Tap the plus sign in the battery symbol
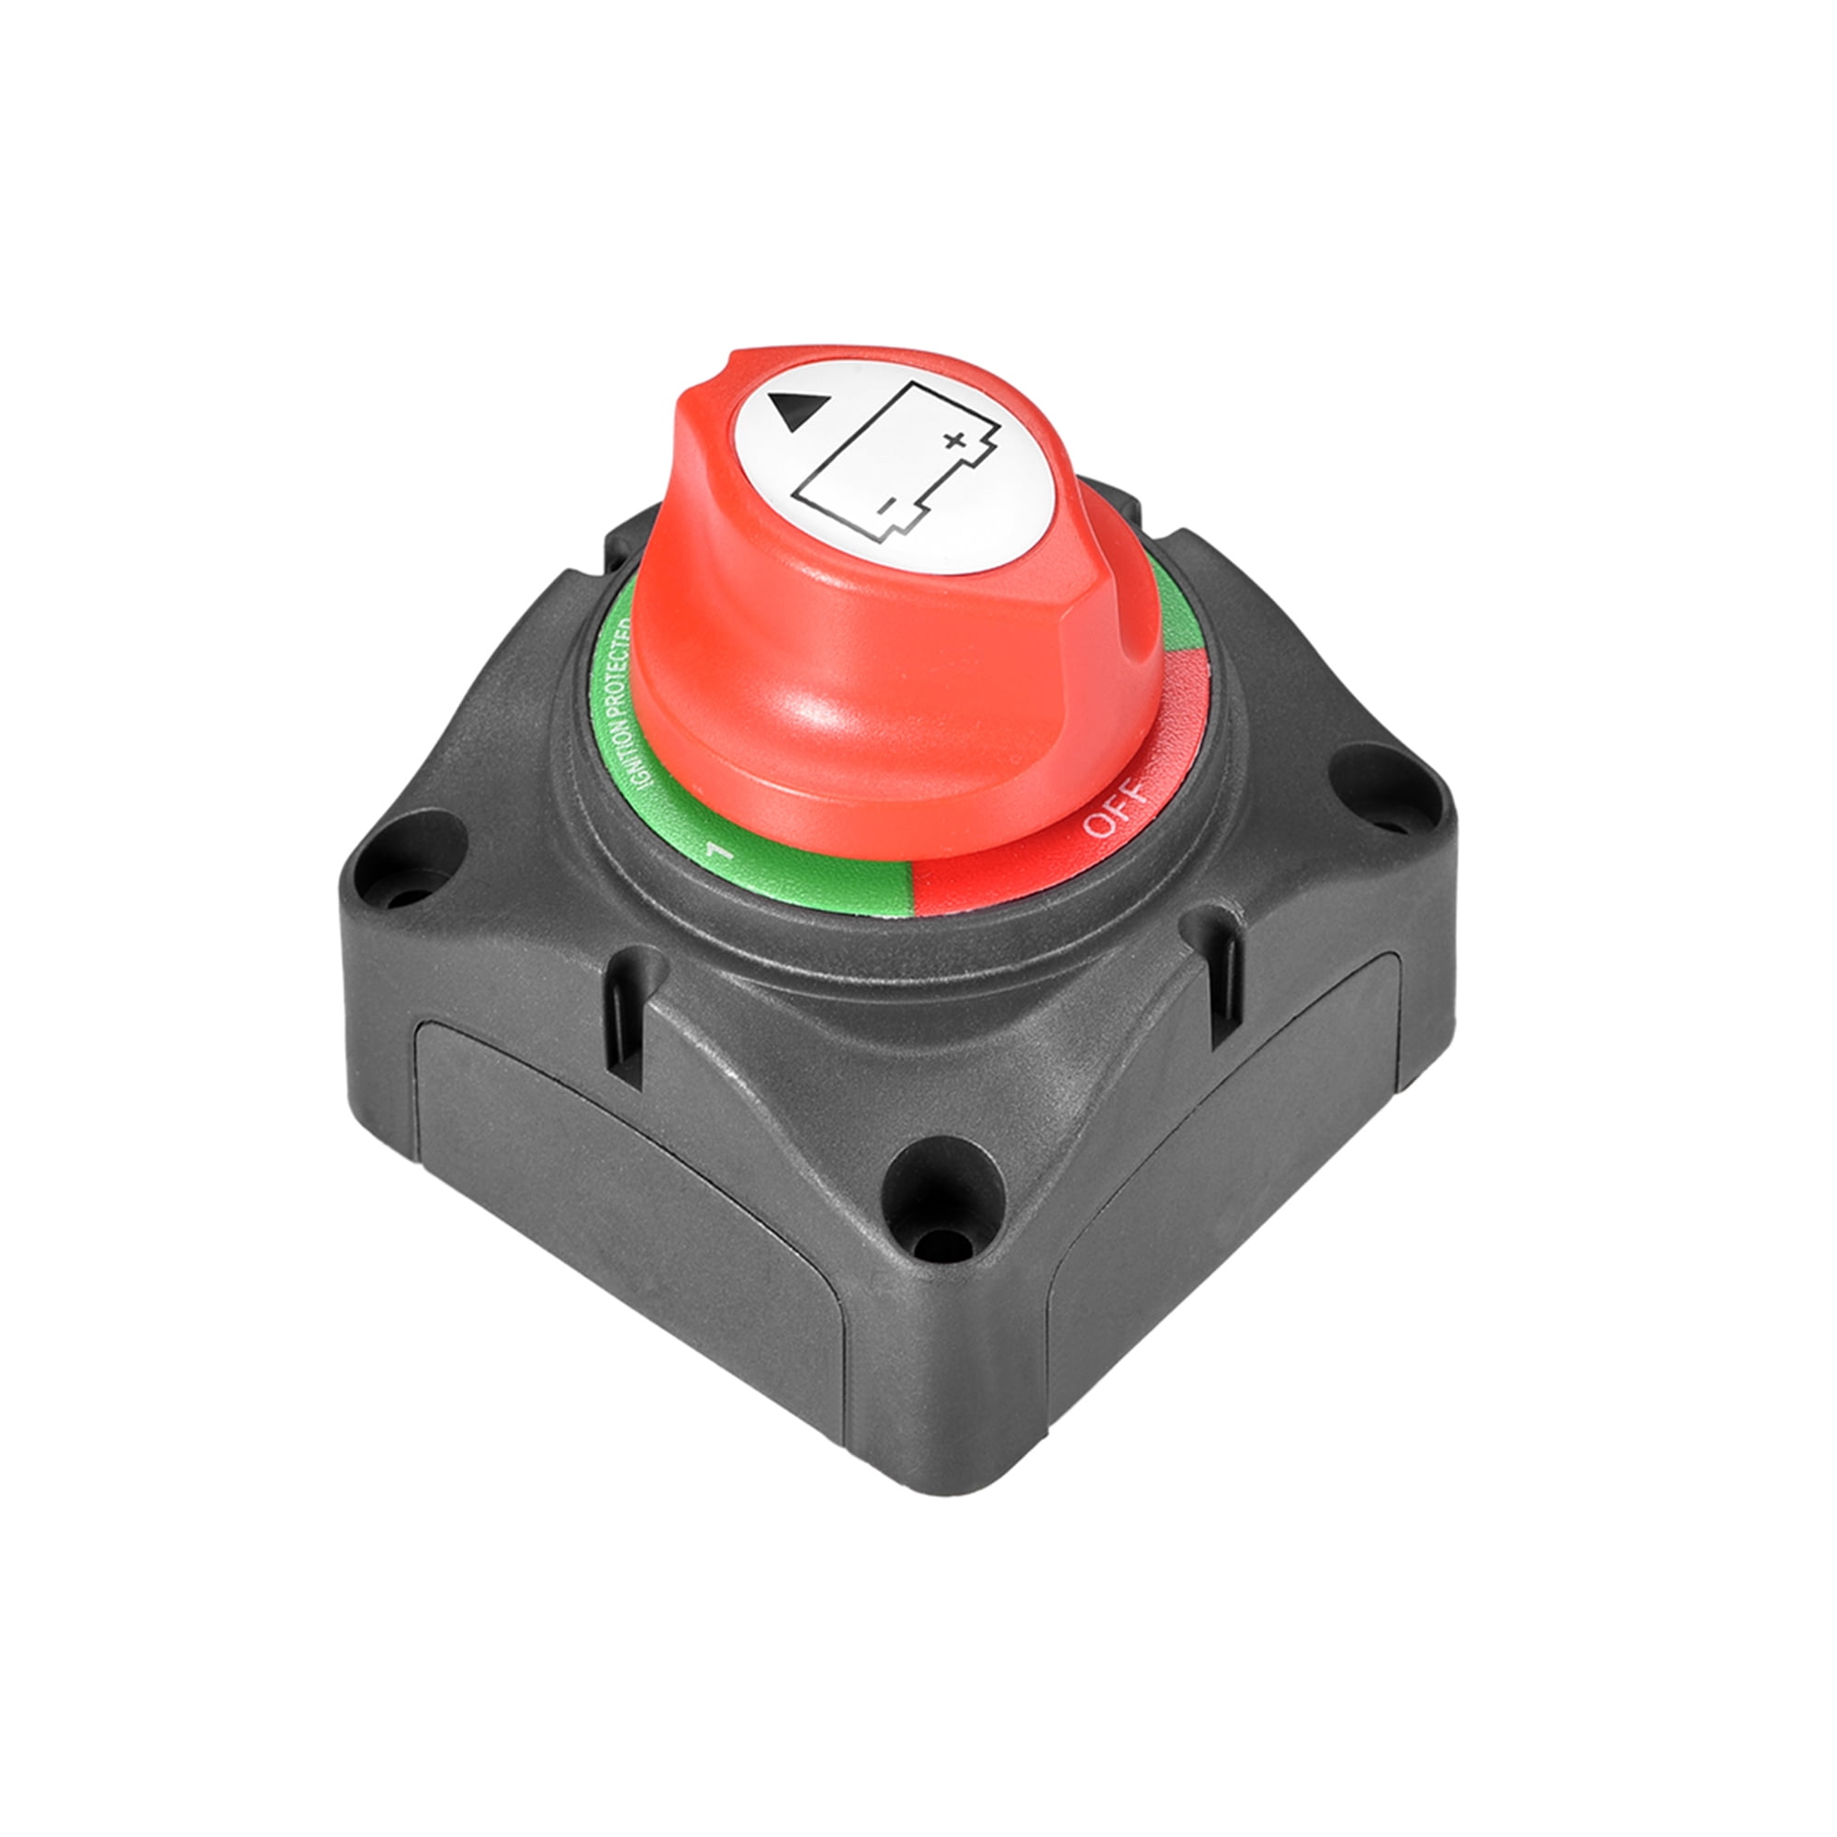(x=953, y=439)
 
